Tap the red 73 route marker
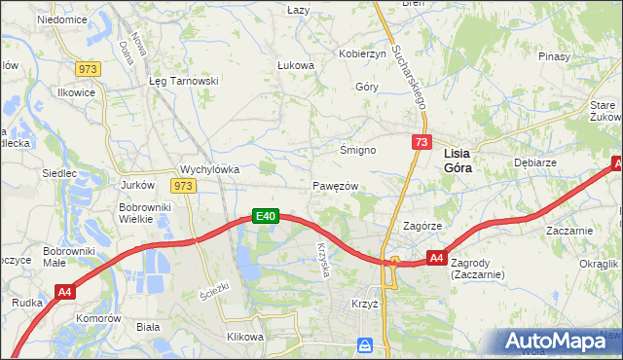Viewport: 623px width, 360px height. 421,143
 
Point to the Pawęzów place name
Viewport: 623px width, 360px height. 336,186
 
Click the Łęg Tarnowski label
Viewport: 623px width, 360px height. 182,82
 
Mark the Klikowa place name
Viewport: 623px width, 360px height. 245,337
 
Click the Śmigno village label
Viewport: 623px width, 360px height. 357,151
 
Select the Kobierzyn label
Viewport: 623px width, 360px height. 362,54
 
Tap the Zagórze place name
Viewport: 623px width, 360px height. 423,226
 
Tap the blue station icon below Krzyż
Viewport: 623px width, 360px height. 365,344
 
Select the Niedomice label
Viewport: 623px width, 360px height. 62,19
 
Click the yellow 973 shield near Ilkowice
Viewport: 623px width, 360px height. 89,68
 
